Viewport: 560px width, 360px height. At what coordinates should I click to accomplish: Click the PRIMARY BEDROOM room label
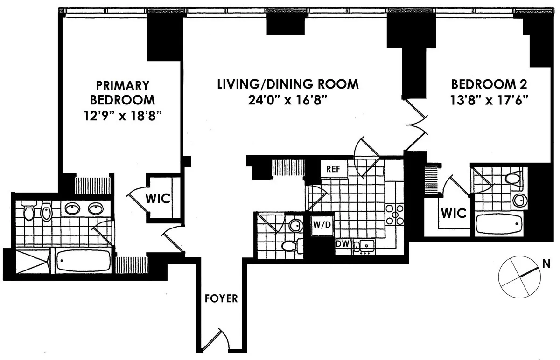click(x=122, y=92)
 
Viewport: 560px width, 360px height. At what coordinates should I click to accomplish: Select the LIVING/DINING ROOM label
click(x=288, y=84)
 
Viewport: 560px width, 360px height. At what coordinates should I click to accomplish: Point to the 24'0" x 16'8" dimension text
click(x=288, y=100)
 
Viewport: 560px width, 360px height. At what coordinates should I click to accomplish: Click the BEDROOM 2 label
click(x=489, y=84)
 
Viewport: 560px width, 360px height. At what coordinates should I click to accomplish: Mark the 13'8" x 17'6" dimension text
click(x=489, y=100)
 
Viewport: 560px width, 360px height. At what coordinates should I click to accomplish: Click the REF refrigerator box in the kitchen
click(x=333, y=169)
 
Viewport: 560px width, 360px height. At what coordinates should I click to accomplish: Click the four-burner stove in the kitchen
click(x=394, y=215)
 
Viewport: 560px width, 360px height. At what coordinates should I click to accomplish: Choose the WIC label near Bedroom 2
click(x=454, y=213)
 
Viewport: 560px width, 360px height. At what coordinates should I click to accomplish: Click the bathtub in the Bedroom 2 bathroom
click(x=499, y=225)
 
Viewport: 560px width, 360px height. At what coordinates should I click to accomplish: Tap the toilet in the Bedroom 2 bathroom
click(x=513, y=178)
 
